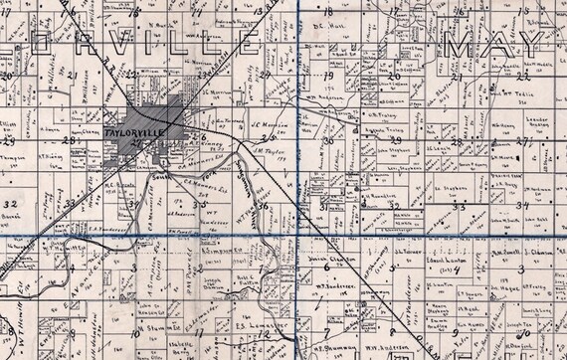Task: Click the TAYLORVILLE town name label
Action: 132,131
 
